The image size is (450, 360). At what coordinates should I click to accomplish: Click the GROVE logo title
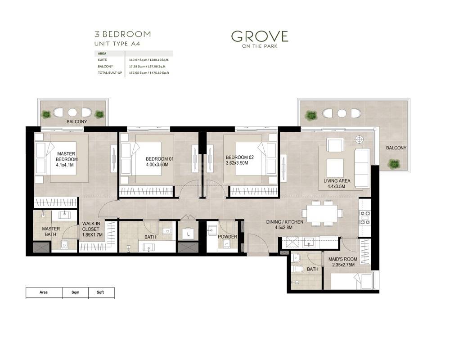click(259, 36)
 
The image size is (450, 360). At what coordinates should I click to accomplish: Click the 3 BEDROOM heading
click(122, 34)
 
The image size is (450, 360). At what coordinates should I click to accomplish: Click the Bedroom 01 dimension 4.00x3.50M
click(157, 165)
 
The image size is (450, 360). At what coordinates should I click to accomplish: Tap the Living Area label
click(337, 181)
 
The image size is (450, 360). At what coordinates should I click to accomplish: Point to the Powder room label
click(227, 237)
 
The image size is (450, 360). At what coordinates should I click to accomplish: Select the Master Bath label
click(51, 231)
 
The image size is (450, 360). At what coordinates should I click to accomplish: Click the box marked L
click(188, 234)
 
